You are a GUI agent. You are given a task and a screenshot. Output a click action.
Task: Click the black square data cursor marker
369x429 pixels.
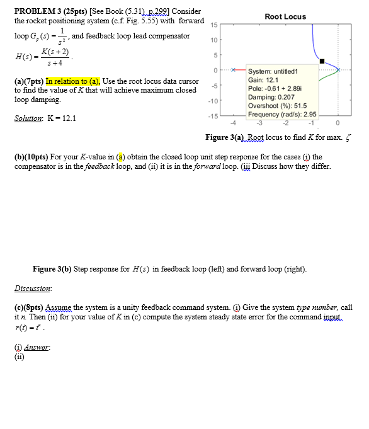322,62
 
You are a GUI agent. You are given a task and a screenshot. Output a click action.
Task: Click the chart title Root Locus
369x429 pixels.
285,16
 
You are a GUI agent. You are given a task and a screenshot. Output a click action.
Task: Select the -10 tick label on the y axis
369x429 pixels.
213,101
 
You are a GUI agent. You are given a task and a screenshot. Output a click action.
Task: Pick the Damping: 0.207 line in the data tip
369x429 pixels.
271,98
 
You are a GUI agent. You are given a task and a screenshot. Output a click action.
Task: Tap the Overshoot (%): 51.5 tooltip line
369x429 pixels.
277,106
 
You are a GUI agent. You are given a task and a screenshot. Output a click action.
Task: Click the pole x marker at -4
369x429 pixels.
233,70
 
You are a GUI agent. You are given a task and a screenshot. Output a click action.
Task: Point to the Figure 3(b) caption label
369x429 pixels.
53,269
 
